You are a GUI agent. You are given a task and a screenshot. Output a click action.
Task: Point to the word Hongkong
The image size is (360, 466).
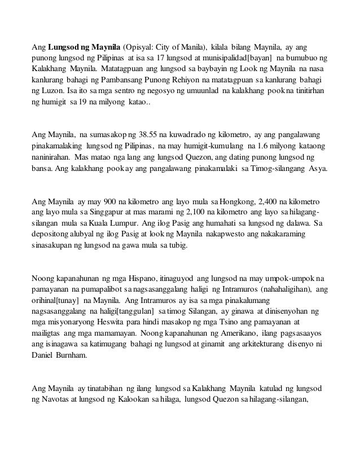coord(236,200)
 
